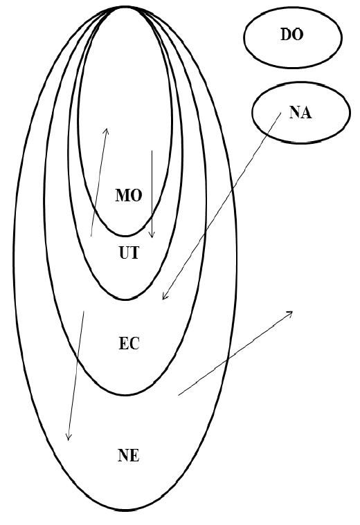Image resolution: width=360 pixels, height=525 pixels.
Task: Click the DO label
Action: (x=291, y=35)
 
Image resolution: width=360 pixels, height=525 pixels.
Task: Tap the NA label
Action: (x=300, y=112)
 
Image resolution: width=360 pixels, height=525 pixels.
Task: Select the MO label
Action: (x=129, y=195)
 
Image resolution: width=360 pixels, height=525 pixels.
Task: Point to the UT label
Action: (x=129, y=252)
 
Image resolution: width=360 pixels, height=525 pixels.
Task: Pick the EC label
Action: (x=129, y=344)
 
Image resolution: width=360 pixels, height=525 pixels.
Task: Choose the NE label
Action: (x=128, y=455)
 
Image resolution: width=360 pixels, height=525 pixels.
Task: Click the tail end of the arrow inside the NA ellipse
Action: (x=281, y=113)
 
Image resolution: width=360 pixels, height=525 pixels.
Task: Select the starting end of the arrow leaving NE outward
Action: (x=179, y=395)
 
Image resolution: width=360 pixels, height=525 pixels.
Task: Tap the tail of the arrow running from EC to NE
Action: (x=84, y=311)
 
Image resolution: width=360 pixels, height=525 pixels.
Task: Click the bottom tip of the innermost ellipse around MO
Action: (x=125, y=236)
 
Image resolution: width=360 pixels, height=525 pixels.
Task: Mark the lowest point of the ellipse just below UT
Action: (x=125, y=299)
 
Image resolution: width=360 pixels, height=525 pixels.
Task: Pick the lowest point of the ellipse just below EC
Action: (x=125, y=395)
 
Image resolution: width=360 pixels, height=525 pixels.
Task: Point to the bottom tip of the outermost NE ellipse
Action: (x=125, y=510)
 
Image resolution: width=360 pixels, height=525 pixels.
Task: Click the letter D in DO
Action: (x=286, y=35)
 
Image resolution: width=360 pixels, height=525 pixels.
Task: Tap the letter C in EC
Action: (x=134, y=344)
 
